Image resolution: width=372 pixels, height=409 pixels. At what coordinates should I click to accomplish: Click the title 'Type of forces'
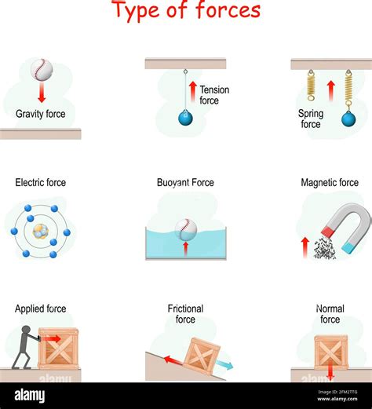coord(186,11)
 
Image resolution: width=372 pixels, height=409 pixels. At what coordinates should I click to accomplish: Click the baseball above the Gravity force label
coord(42,71)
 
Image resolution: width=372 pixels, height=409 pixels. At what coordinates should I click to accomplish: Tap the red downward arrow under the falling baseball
coord(42,94)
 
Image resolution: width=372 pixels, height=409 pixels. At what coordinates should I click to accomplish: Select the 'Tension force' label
coord(214,95)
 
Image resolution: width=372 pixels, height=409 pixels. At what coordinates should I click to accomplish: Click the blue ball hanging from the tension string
coord(186,118)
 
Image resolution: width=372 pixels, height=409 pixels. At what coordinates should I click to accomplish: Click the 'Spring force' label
coord(311,119)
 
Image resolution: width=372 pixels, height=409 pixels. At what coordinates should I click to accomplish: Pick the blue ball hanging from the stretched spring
coord(348,119)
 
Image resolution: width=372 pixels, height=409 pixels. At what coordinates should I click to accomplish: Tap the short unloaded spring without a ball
coord(311,86)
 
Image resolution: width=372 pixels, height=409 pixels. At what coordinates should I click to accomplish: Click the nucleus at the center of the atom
coord(40,232)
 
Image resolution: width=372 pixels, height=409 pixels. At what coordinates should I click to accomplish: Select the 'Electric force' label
coord(40,183)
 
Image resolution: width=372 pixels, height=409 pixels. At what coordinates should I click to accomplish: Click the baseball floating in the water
coord(185,228)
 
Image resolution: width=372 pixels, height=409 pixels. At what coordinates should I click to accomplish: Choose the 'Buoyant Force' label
coord(185,183)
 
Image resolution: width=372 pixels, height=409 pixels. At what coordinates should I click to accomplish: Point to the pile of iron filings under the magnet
coord(324,250)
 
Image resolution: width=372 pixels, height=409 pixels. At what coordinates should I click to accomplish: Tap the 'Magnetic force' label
coord(330,183)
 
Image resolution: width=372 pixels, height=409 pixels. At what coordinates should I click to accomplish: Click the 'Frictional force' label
coord(185,314)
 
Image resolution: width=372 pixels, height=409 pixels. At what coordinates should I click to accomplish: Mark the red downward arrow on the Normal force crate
coord(330,369)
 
